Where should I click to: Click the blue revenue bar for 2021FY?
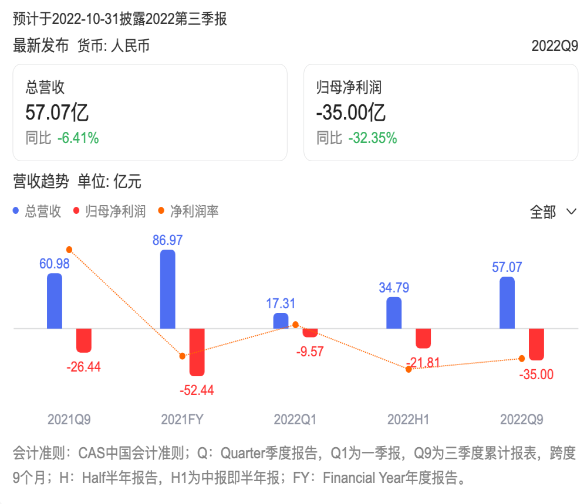[x=168, y=289]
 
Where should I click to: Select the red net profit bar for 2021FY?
[x=197, y=352]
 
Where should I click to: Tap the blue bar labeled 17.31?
[x=281, y=321]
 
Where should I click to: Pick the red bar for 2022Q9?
[x=537, y=345]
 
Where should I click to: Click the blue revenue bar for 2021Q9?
[x=55, y=301]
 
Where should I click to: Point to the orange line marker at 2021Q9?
[x=69, y=250]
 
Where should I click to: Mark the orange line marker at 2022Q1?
[x=295, y=325]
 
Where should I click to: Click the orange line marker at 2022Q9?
[x=522, y=359]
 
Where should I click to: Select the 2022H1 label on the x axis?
[x=408, y=420]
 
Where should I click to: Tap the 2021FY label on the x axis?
[x=183, y=420]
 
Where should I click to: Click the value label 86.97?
[x=167, y=240]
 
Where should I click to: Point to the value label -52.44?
[x=197, y=390]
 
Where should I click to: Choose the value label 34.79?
[x=394, y=288]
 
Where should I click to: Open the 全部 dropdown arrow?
[x=571, y=212]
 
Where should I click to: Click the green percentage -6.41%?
[x=78, y=138]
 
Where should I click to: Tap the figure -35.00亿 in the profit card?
[x=351, y=112]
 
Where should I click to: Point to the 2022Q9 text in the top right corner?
[x=555, y=46]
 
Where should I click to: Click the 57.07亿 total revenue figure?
[x=57, y=112]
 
